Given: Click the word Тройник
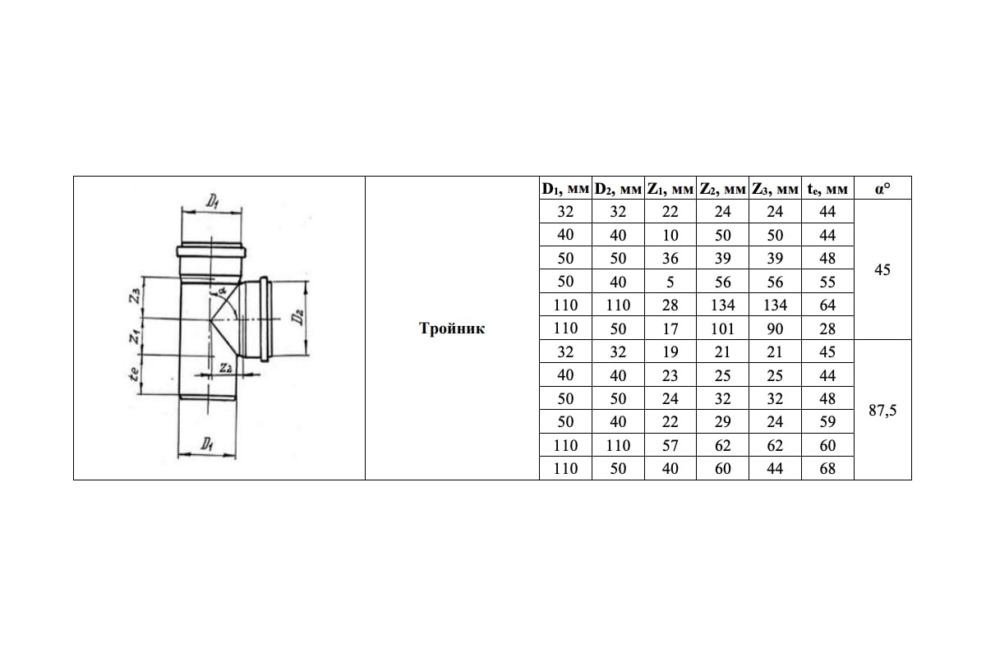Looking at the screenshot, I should tap(452, 328).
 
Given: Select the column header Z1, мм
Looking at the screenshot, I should tap(670, 189).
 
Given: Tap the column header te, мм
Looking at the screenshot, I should tap(827, 189).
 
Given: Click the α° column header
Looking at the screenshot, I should tap(882, 189).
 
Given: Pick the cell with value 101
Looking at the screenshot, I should tap(722, 328).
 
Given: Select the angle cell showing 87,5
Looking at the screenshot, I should tap(882, 409).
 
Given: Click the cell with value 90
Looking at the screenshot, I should tap(775, 328).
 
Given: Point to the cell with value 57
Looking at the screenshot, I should tap(670, 445).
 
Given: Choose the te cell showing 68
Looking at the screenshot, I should tap(827, 468).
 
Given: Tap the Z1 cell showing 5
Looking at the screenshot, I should tap(670, 282).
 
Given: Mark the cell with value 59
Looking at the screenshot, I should tap(827, 422).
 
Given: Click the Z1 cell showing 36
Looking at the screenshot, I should tap(670, 258).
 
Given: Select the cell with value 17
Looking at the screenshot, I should tap(670, 328).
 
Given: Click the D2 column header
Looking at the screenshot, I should tap(618, 189).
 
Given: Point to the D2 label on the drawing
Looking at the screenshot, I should tap(302, 316).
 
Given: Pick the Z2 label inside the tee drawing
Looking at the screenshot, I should tap(225, 369).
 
